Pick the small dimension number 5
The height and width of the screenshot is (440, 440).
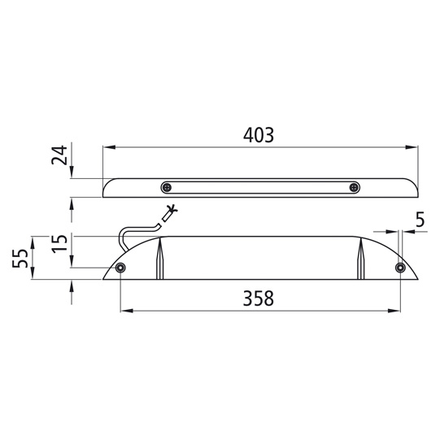coord(420,219)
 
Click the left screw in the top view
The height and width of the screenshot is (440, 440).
coord(167,187)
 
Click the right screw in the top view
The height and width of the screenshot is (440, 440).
coord(354,187)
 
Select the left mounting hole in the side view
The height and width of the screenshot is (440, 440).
coord(120,268)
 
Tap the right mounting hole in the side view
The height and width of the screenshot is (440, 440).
coord(399,268)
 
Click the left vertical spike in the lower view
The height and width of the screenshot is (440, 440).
coord(159,259)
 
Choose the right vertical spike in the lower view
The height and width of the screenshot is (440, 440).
coord(359,259)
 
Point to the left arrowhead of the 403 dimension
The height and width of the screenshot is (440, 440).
coord(108,147)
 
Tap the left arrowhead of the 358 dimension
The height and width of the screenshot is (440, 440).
coord(126,311)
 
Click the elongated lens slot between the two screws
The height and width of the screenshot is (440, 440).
coord(260,187)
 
